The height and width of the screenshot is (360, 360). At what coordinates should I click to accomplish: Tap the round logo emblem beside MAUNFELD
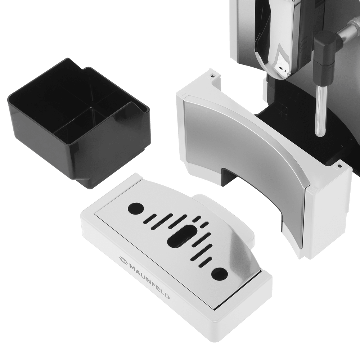point(123,261)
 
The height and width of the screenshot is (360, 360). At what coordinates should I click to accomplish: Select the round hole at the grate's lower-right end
point(220,273)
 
